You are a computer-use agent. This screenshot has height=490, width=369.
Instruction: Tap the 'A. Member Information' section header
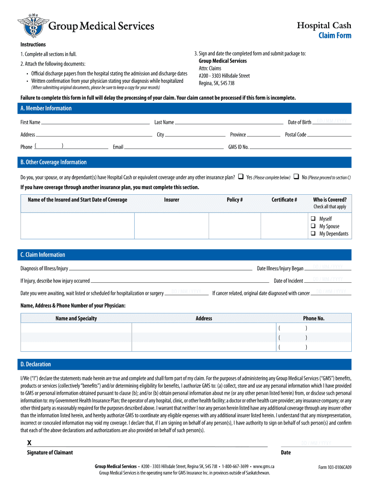click(46, 108)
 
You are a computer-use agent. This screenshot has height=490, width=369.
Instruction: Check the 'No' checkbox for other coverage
click(296, 177)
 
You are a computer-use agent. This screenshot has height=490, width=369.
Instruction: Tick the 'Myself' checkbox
click(312, 219)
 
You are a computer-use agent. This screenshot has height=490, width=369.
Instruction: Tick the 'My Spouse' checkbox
click(312, 226)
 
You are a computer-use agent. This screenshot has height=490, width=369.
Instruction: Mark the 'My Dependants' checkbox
click(312, 234)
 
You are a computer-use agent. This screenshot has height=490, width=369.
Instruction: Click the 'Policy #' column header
click(234, 200)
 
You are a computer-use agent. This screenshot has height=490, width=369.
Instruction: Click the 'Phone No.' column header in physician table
click(313, 318)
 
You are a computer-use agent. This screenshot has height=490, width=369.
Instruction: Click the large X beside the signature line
click(30, 443)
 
